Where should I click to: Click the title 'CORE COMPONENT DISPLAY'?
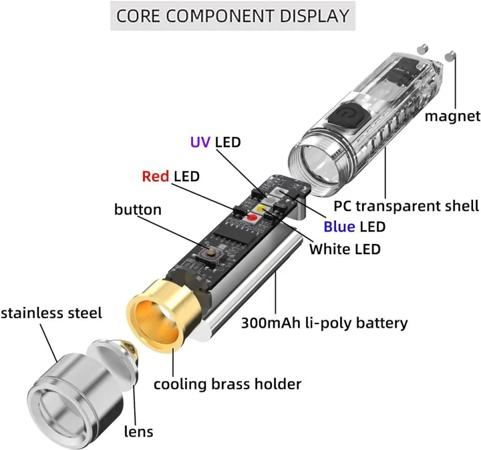tap(232, 15)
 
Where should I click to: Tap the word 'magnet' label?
tap(452, 116)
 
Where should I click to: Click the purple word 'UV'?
tap(200, 142)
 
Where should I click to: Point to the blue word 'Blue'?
tap(339, 227)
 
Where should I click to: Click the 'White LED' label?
tap(345, 249)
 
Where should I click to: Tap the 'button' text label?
tap(138, 210)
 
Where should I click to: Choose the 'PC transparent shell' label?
tap(406, 205)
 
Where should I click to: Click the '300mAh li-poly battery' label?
tap(324, 323)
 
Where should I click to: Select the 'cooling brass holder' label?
tap(227, 384)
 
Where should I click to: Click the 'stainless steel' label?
tap(51, 312)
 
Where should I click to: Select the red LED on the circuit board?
tap(253, 217)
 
